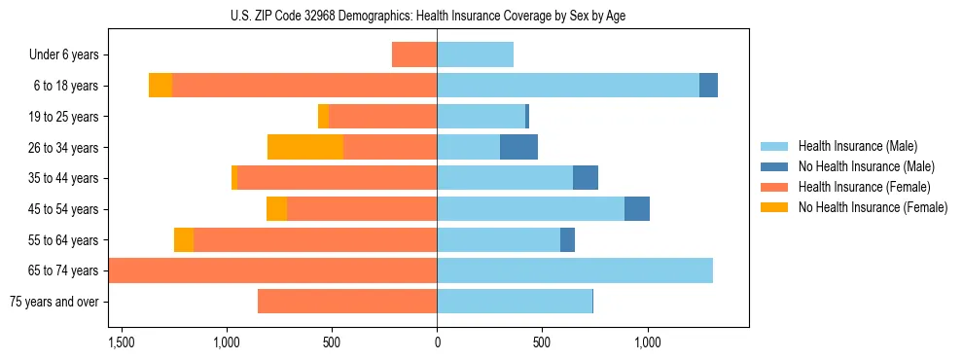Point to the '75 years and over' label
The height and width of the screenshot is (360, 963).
pos(54,302)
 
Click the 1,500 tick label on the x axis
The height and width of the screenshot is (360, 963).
pos(122,343)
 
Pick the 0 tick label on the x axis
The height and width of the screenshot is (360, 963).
pos(437,343)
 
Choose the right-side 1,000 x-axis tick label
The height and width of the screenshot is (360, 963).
pos(647,343)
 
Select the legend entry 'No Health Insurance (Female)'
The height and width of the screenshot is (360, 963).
pos(873,207)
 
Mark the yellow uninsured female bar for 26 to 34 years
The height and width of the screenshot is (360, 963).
pos(304,147)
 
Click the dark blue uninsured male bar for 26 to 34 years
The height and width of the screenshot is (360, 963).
pos(518,147)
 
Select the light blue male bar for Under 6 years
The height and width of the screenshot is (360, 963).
pos(475,54)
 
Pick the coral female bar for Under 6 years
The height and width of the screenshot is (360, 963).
pos(414,54)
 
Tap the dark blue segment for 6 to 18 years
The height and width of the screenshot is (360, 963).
pos(708,86)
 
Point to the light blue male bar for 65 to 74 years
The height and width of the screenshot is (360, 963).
pos(574,270)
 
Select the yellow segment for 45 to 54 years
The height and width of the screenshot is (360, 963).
pos(276,209)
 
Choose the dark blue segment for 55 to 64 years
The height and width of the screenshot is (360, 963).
pos(567,239)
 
